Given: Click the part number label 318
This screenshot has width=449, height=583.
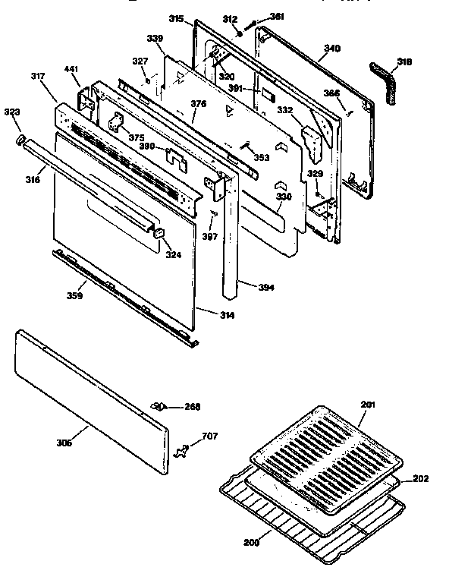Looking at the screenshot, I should tap(404, 61).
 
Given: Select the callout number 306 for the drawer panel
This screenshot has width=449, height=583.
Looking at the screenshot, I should tap(64, 443).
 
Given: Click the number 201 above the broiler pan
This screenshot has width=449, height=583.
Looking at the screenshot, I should tap(368, 405).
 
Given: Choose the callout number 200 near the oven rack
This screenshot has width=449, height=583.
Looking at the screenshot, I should tap(251, 541).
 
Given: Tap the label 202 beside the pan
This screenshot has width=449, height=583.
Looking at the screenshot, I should tap(421, 479).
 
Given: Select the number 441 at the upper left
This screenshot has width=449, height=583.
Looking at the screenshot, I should tap(71, 70).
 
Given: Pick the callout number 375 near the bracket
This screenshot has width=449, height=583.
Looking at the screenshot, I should tap(136, 137).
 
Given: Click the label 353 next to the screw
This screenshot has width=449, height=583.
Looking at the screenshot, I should tap(261, 158).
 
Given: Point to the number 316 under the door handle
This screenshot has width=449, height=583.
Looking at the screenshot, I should tap(33, 179).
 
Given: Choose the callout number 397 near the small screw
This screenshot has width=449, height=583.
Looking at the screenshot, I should tap(209, 236).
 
